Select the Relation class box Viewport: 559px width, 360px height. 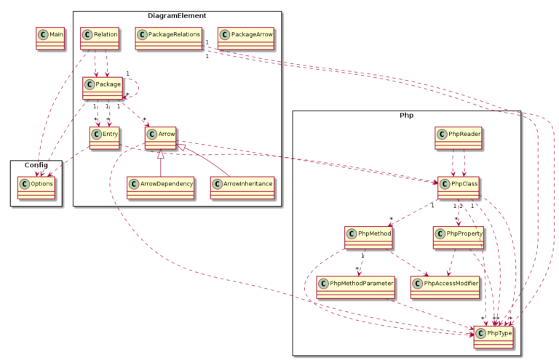(x=100, y=38)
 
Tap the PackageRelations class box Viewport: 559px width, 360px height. (x=168, y=38)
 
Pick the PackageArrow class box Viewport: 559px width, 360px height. (x=246, y=38)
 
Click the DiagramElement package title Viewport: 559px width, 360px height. (x=177, y=15)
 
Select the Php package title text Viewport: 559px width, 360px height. (x=406, y=116)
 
